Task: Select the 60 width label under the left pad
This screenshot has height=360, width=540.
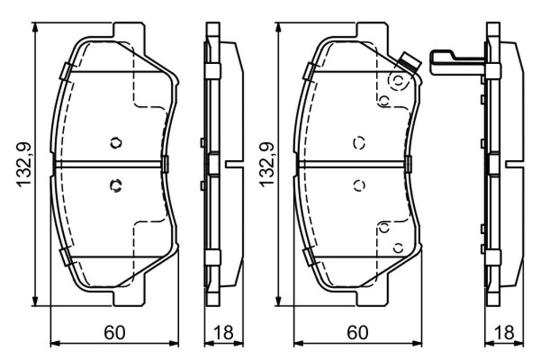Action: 114,333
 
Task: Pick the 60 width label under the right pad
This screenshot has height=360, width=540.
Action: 357,333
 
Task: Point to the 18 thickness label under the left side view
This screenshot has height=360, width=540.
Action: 224,333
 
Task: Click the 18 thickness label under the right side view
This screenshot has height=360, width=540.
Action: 504,333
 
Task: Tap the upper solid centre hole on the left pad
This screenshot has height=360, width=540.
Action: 116,142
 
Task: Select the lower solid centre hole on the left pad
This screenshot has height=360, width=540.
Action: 116,186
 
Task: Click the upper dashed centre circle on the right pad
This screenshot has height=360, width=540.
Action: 359,142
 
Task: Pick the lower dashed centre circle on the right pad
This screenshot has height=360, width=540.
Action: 359,186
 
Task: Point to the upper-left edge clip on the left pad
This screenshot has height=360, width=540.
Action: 66,72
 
